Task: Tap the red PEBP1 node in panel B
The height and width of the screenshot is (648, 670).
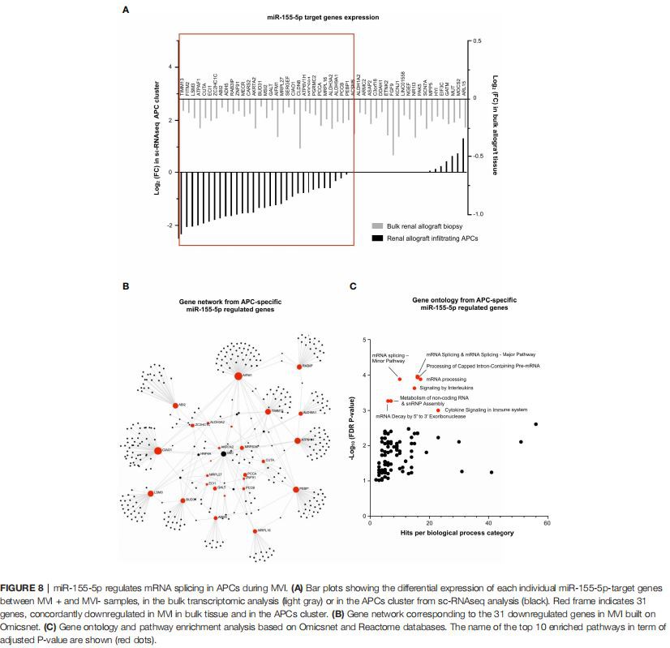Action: coord(296,489)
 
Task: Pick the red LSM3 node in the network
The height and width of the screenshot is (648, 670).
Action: coord(150,492)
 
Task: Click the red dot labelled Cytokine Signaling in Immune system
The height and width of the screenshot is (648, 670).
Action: coord(438,410)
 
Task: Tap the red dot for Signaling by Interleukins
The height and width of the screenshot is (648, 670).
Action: coord(414,388)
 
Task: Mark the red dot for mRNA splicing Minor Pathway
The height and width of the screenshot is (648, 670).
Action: coord(400,379)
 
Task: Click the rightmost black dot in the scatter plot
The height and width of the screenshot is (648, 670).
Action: coord(535,424)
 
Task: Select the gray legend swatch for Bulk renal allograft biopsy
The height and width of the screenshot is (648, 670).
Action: coord(377,226)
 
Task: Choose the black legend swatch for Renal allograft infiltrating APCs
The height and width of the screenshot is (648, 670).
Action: coord(377,238)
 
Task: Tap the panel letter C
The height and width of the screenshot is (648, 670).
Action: coord(353,286)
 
